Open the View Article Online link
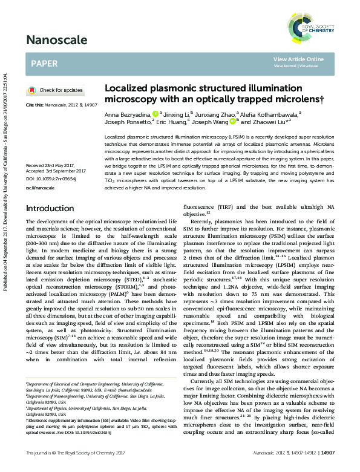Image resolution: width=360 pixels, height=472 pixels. coord(298,59)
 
